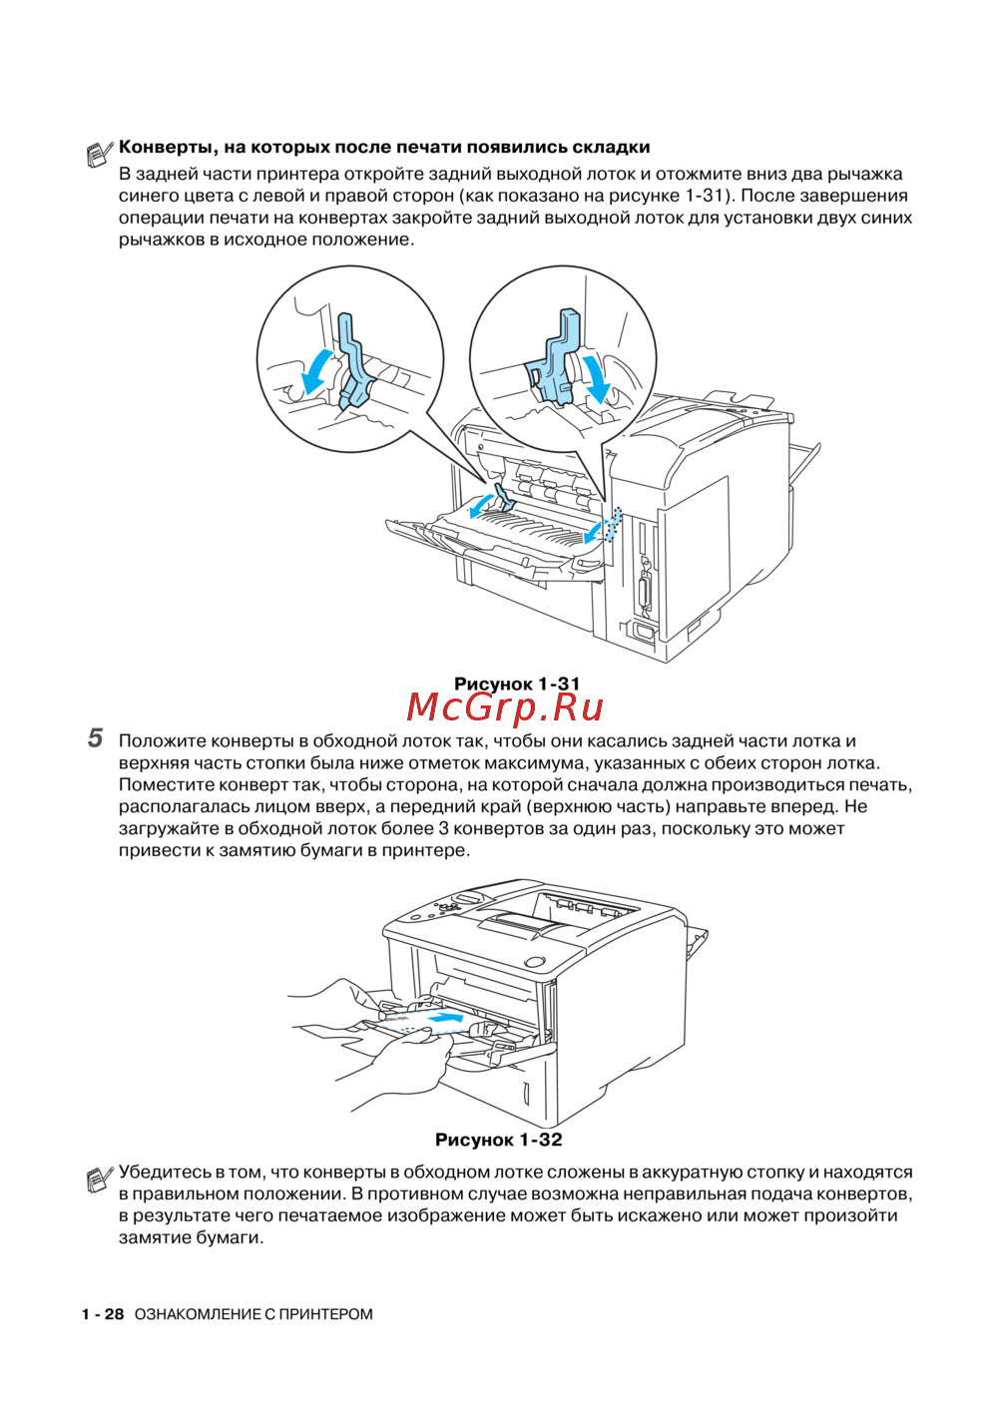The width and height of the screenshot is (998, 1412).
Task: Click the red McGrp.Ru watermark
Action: click(x=505, y=707)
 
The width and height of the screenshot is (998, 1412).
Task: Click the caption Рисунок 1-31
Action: click(x=516, y=684)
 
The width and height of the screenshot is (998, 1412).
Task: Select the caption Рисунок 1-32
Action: click(x=498, y=1140)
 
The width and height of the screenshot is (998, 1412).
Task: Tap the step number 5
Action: click(x=95, y=739)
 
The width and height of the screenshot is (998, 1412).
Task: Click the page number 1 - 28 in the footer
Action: click(x=103, y=1314)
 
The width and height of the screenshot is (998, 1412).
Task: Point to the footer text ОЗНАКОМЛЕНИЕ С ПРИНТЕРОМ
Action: click(x=253, y=1314)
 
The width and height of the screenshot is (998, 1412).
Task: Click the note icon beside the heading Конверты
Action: click(x=99, y=153)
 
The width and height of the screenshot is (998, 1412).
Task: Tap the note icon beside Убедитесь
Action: click(x=99, y=1178)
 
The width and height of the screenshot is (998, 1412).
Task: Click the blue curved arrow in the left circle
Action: click(x=317, y=370)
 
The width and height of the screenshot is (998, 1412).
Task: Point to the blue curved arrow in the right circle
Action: click(x=598, y=375)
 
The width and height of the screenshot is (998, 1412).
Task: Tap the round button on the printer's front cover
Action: click(x=535, y=962)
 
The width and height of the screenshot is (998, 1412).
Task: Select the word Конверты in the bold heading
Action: click(x=168, y=148)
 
